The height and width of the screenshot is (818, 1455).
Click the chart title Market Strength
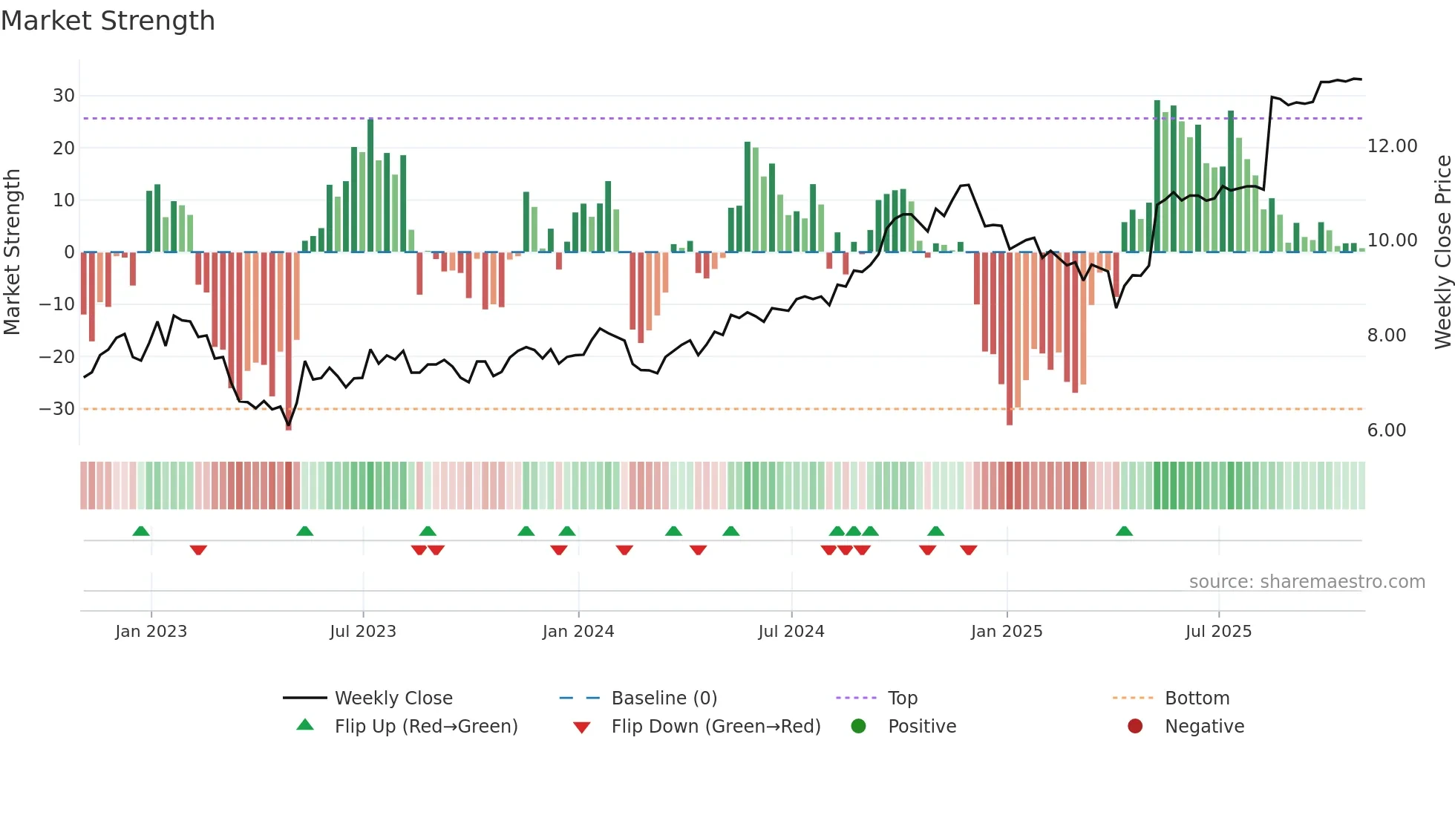[x=108, y=21]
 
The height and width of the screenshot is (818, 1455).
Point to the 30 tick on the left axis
[x=63, y=96]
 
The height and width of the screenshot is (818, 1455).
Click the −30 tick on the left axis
[x=57, y=409]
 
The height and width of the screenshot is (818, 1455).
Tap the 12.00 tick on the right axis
[x=1392, y=146]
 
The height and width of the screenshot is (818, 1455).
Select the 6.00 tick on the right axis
[x=1386, y=431]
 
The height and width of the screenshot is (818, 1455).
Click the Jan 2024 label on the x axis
[x=578, y=632]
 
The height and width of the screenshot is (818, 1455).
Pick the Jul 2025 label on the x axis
[x=1218, y=632]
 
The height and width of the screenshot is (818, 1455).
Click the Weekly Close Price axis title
[x=1442, y=252]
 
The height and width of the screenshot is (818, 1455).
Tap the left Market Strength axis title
[x=12, y=252]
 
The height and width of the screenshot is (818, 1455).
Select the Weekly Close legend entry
[x=393, y=698]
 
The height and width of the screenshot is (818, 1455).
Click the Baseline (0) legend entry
[x=664, y=698]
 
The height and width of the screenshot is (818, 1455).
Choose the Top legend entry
[x=902, y=698]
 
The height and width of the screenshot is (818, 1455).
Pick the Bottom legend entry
[x=1197, y=698]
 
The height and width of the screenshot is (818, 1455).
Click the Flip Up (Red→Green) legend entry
[x=425, y=727]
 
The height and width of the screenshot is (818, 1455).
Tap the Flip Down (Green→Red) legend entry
[x=716, y=727]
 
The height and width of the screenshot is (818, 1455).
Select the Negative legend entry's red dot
[x=1135, y=727]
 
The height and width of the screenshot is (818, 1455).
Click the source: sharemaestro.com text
[x=1307, y=582]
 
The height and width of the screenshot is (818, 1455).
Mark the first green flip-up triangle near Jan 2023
[x=141, y=531]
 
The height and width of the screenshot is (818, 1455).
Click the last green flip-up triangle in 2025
[x=1124, y=531]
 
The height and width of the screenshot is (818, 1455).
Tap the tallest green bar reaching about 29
[x=1157, y=177]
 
